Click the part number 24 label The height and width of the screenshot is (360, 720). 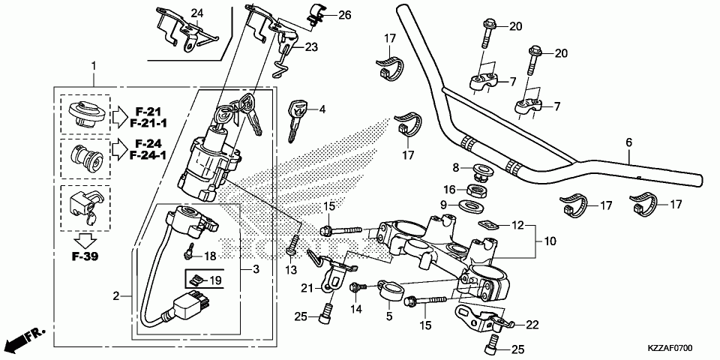pos(196,13)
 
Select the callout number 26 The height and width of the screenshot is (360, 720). pos(345,15)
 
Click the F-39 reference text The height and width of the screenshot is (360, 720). pos(85,256)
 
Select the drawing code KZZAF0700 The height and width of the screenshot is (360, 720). pos(670,348)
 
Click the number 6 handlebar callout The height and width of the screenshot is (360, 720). pos(628,142)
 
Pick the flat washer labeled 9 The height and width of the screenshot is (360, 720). pos(471,204)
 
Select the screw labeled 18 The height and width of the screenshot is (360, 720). pos(188,250)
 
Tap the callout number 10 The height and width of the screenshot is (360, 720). pos(549,241)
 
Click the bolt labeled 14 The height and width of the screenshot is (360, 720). pos(358,287)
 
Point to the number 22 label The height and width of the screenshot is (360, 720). pos(532,325)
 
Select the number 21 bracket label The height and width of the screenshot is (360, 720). pos(307,288)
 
